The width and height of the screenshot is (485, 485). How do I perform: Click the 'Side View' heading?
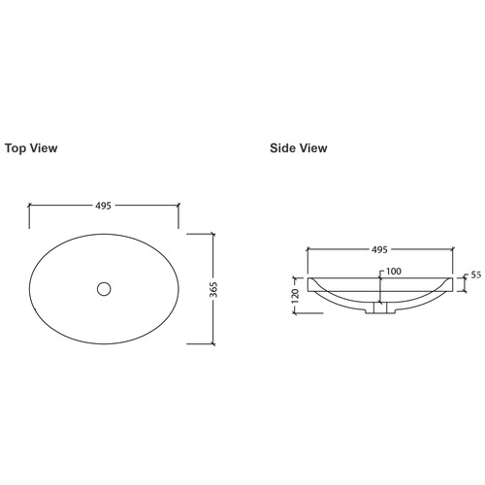[299, 148]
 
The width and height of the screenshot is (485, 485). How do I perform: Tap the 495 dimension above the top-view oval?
[104, 206]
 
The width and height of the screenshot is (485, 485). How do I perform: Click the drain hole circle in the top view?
[104, 288]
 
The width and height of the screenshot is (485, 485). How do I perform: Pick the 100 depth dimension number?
[394, 272]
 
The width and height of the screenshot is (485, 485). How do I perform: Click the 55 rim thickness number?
[475, 275]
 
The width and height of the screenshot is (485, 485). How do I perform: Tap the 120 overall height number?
[294, 296]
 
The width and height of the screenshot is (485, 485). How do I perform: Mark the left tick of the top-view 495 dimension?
[30, 206]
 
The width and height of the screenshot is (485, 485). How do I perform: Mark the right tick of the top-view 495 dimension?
[178, 206]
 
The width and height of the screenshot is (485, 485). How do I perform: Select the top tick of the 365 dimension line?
[212, 233]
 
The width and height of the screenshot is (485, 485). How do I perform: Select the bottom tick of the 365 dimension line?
[212, 343]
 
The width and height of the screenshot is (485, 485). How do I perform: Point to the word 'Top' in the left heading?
[17, 148]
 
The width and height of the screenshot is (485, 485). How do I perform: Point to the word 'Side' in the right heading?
[284, 148]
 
